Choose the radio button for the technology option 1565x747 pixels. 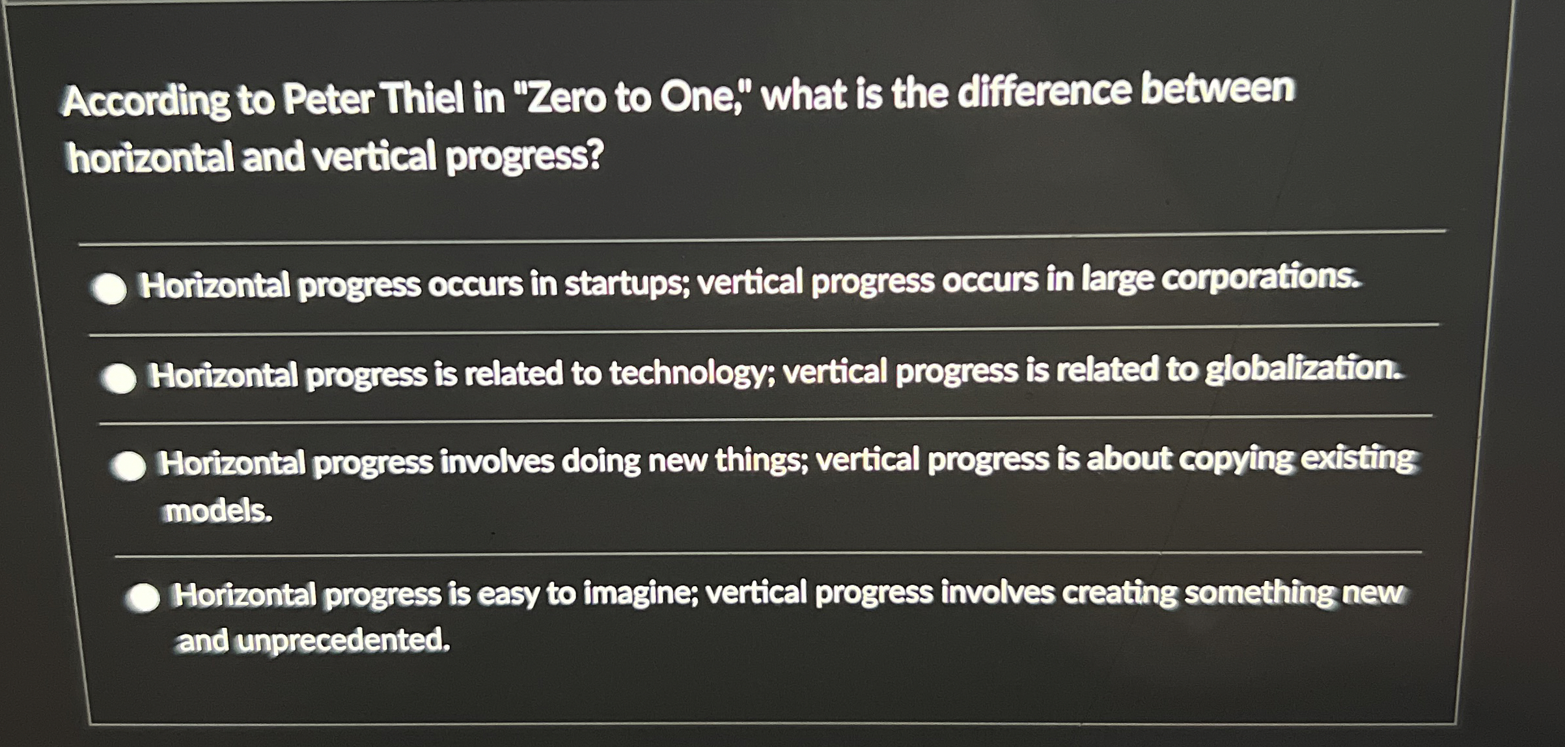[x=118, y=378]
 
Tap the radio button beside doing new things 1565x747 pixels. [x=128, y=466]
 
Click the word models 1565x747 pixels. [x=217, y=511]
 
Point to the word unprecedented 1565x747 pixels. [x=342, y=641]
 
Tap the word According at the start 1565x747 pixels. [x=145, y=103]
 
